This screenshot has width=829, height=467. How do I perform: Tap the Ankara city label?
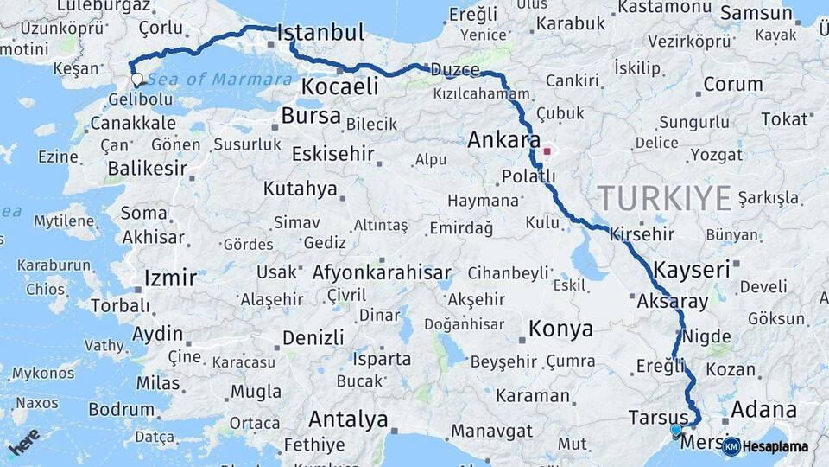click(x=504, y=140)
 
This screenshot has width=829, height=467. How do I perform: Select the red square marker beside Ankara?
click(x=547, y=151)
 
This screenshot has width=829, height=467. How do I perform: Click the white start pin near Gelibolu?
click(x=137, y=80)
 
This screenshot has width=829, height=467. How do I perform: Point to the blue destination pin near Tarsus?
click(x=675, y=430)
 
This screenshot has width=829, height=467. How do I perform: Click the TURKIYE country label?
click(x=665, y=198)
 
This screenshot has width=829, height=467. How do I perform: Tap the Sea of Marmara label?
click(x=219, y=80)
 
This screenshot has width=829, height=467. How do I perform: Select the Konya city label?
click(x=560, y=329)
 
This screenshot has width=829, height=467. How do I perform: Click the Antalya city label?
click(x=348, y=420)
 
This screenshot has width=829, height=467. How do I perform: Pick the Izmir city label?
click(x=170, y=278)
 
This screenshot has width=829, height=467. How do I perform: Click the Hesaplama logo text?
click(x=775, y=446)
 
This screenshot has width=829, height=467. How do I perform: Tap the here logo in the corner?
click(x=24, y=442)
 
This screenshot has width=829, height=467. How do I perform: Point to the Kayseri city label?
click(x=692, y=270)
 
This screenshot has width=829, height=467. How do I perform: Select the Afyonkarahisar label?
click(x=382, y=273)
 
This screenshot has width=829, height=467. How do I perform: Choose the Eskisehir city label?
click(x=332, y=155)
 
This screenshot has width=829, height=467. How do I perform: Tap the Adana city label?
click(x=763, y=409)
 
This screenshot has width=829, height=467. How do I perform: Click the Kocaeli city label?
click(x=340, y=87)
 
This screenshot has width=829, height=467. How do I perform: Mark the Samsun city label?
click(x=756, y=13)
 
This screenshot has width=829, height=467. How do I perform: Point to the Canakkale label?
click(x=133, y=124)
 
